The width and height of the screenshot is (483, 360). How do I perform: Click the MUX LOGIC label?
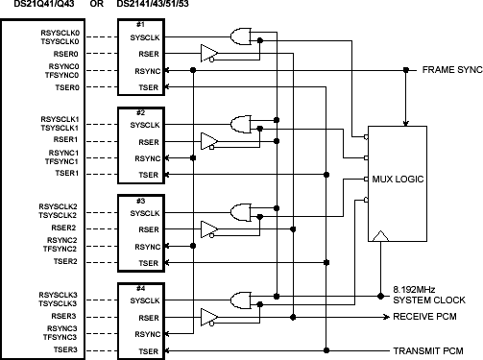tap(397, 180)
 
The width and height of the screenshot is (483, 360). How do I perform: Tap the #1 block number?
tap(139, 22)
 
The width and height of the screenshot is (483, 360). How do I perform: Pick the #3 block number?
tap(139, 199)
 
